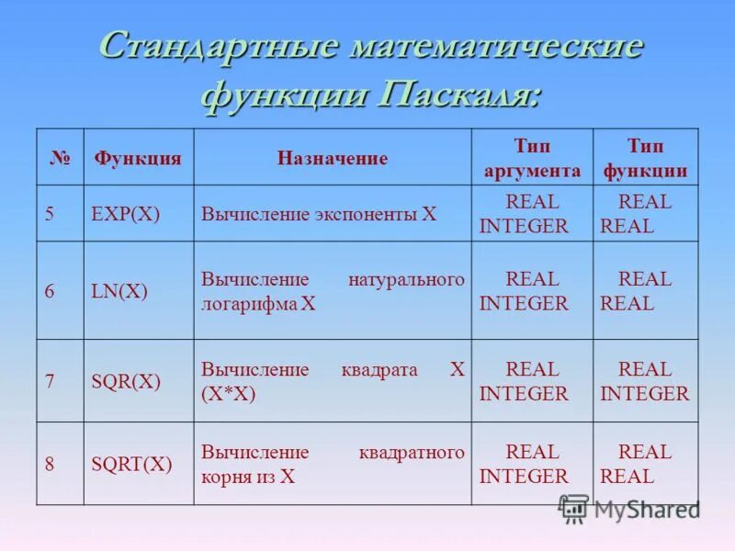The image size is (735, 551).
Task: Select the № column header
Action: [x=60, y=157]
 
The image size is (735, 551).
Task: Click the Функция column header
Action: [x=138, y=157]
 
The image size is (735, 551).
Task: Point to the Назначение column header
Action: [x=333, y=158]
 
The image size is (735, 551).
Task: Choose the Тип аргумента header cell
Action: [x=532, y=158]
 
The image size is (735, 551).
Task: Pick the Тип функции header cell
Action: [x=645, y=158]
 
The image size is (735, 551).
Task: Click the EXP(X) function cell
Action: [x=126, y=214]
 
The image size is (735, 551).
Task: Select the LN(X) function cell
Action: [x=119, y=291]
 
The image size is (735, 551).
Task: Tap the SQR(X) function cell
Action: [x=126, y=382]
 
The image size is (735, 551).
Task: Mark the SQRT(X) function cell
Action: [x=131, y=464]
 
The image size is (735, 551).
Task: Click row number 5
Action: [x=50, y=214]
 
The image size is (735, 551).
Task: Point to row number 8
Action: [x=50, y=464]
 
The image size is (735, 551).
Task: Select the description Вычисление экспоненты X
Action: [x=319, y=214]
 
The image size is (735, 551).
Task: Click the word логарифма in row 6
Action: [x=249, y=304]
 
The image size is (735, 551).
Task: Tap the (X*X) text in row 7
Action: [x=228, y=394]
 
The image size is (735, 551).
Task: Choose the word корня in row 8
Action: [x=227, y=477]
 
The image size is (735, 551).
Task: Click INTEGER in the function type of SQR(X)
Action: [x=644, y=394]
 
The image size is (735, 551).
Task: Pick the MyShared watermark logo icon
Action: [x=574, y=509]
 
